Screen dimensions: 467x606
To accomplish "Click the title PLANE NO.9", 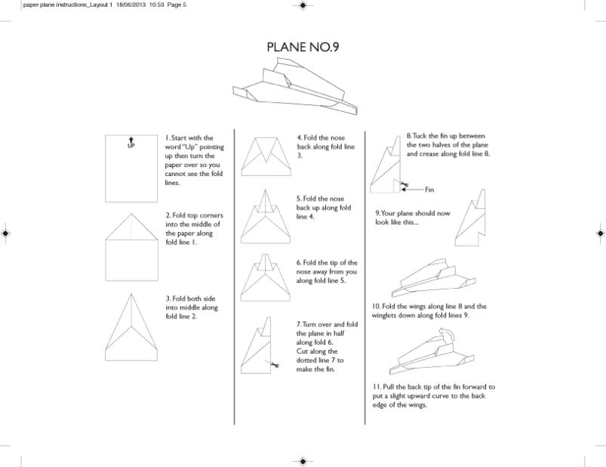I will (302, 47).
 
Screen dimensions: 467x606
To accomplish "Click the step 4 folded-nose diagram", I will (266, 155).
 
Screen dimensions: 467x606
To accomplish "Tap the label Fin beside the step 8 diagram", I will (430, 190).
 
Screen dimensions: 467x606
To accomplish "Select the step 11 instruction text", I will (433, 395).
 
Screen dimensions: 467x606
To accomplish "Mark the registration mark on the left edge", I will (6, 233).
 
